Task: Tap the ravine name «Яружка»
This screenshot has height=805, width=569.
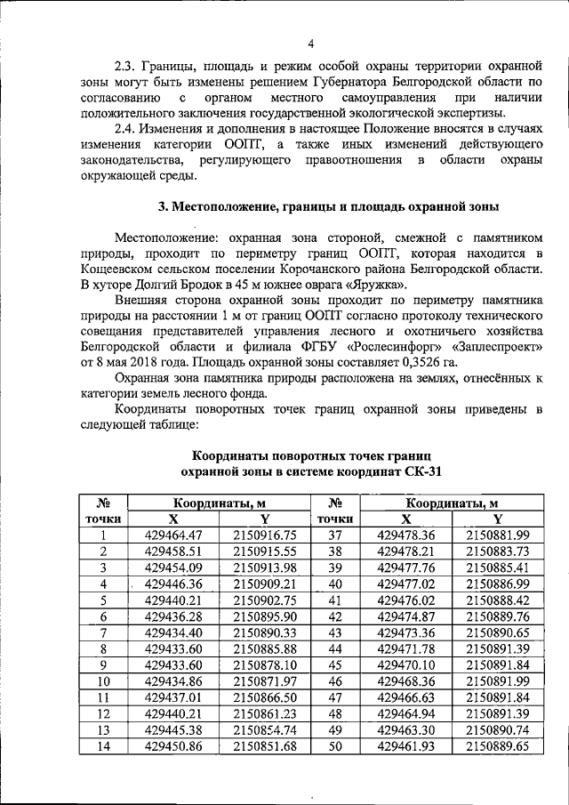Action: [377, 286]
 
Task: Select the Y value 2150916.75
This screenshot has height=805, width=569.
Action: [264, 535]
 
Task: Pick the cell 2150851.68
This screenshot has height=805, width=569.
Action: [264, 745]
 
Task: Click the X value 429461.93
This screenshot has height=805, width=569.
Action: [405, 745]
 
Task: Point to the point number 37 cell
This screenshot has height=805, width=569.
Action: [335, 535]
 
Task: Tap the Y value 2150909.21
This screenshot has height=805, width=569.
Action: [264, 584]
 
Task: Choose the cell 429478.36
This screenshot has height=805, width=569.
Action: [405, 535]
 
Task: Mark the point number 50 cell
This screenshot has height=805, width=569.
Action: [335, 745]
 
